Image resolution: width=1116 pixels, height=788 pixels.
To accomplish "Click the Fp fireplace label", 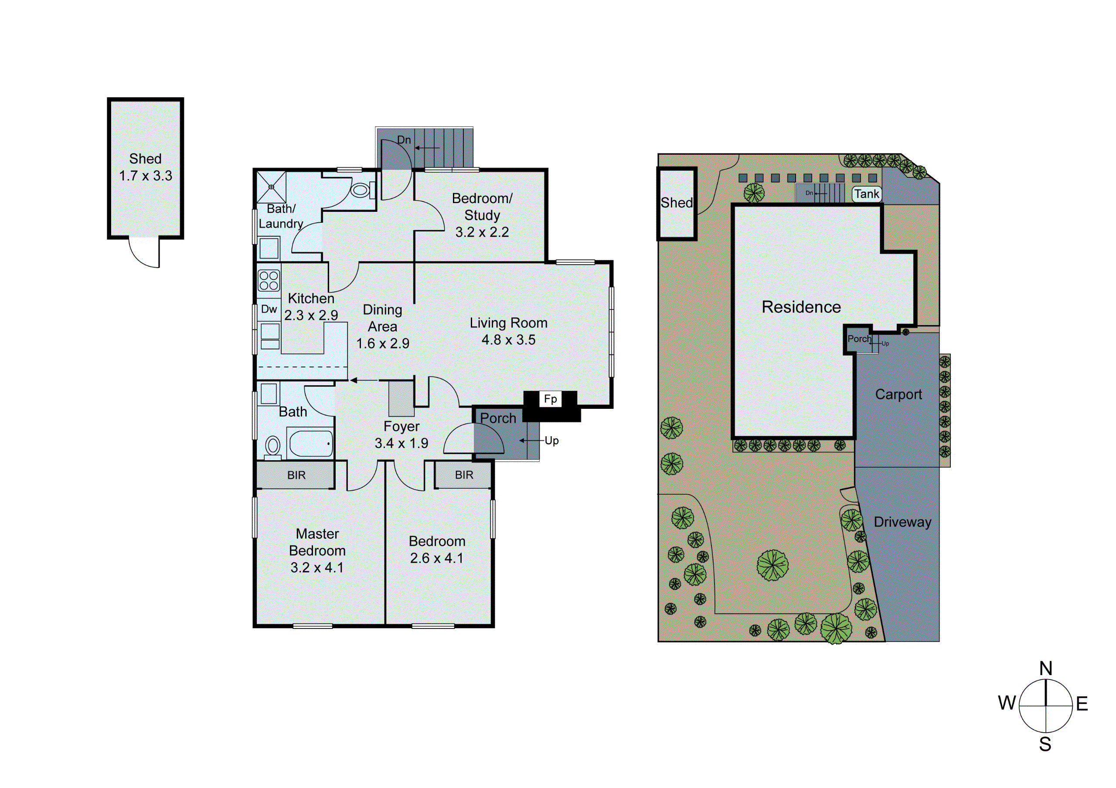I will pyautogui.click(x=550, y=399).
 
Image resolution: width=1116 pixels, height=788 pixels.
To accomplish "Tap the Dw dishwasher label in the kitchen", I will pyautogui.click(x=269, y=309).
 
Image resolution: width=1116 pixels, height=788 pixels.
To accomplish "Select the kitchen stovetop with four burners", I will pyautogui.click(x=269, y=281).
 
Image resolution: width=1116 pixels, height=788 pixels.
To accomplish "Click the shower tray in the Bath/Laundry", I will pyautogui.click(x=271, y=187).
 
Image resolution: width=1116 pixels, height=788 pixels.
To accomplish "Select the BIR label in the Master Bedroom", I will pyautogui.click(x=296, y=475).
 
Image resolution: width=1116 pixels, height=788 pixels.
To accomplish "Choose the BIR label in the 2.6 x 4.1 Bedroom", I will pyautogui.click(x=464, y=475).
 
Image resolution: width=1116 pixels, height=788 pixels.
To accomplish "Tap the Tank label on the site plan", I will pyautogui.click(x=867, y=194).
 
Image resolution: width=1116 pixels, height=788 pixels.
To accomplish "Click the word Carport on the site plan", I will pyautogui.click(x=898, y=394).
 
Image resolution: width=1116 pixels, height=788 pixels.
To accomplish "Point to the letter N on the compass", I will pyautogui.click(x=1045, y=669).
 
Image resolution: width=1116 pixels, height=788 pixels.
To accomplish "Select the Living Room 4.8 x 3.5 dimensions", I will pyautogui.click(x=508, y=340).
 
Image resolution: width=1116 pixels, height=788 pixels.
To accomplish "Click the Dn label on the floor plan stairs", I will pyautogui.click(x=404, y=140).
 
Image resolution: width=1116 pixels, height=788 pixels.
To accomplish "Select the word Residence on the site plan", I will pyautogui.click(x=801, y=307).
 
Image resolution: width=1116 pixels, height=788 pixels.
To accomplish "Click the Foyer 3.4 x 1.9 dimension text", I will pyautogui.click(x=401, y=443).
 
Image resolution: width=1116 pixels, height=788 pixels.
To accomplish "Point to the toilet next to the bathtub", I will pyautogui.click(x=273, y=445).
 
